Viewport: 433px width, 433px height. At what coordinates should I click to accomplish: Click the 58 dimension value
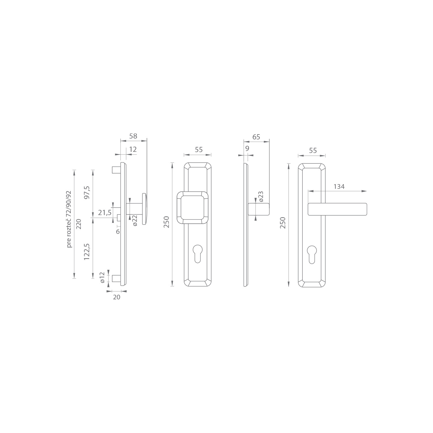(133, 136)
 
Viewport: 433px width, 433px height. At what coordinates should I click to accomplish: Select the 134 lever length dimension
(339, 186)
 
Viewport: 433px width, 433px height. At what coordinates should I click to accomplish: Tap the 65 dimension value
(256, 137)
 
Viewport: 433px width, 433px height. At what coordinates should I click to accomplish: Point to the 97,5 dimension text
(87, 192)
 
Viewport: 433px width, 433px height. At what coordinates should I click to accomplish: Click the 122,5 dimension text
(87, 252)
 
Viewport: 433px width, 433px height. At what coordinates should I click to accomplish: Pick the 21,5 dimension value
(105, 213)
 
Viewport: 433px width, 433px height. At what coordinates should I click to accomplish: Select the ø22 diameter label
(135, 221)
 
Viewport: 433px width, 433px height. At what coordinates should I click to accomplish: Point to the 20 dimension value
(117, 297)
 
